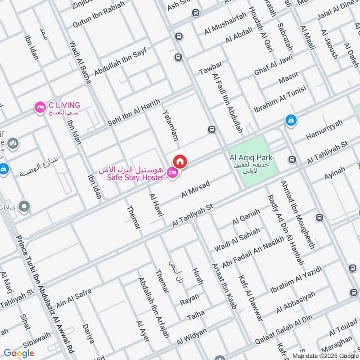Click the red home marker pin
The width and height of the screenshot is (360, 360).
pyautogui.click(x=180, y=161)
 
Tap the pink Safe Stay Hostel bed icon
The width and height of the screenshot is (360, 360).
pyautogui.click(x=172, y=172)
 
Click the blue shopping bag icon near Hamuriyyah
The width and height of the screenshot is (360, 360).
pyautogui.click(x=291, y=120)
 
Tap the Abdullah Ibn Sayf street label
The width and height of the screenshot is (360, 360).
pyautogui.click(x=120, y=62)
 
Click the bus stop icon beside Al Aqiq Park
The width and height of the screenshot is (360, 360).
pyautogui.click(x=292, y=159)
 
